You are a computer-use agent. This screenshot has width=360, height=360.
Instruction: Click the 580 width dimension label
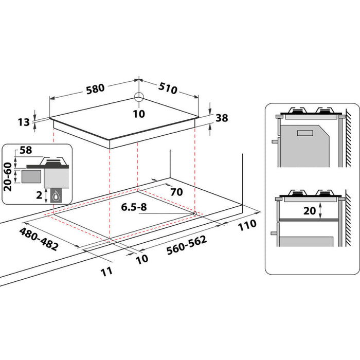(95, 89)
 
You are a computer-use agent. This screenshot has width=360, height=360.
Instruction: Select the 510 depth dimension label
(168, 88)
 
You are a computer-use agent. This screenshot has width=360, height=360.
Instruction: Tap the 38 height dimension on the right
(222, 118)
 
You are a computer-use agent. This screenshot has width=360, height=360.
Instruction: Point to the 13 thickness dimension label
(24, 122)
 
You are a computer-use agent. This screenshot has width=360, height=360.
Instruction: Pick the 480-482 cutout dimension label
(39, 239)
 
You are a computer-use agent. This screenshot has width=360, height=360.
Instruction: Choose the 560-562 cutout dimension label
(186, 245)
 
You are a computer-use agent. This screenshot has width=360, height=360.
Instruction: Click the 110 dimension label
(247, 225)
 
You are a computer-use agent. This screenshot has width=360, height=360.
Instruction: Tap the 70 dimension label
(176, 192)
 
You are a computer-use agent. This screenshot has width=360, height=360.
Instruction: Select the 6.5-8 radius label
(134, 207)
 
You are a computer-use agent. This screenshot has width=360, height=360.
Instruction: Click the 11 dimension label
(106, 272)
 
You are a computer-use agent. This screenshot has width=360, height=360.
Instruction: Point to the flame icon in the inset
(56, 196)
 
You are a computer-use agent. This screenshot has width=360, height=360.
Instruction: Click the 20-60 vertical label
(8, 177)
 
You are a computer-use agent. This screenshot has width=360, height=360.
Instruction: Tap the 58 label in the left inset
(26, 150)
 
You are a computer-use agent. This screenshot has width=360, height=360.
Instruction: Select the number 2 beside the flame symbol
(40, 195)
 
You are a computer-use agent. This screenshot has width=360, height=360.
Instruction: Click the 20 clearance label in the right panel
(310, 210)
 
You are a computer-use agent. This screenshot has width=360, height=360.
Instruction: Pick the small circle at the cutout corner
(195, 213)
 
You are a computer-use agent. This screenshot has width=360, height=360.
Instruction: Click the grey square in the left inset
(31, 176)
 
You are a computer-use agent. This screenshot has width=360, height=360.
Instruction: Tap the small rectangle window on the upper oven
(305, 133)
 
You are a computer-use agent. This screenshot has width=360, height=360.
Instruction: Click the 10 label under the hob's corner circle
(139, 114)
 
